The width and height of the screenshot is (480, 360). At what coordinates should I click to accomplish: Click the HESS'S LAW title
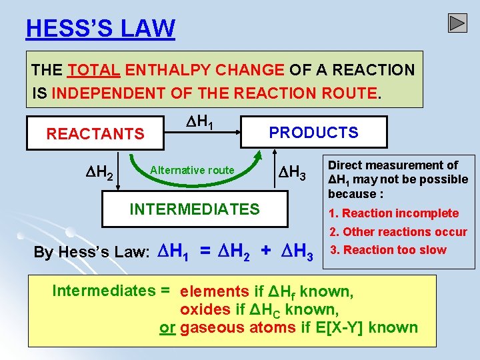click(x=101, y=29)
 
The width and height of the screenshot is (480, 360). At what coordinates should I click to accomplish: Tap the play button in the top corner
click(x=457, y=23)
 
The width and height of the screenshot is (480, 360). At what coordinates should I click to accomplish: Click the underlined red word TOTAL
click(x=93, y=69)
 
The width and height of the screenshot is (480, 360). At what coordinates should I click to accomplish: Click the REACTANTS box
click(x=95, y=134)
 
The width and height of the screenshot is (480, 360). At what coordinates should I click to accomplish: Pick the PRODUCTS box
click(x=313, y=132)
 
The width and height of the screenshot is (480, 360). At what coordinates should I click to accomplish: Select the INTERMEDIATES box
click(x=195, y=209)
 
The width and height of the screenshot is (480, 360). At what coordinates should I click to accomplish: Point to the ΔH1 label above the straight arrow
click(x=199, y=122)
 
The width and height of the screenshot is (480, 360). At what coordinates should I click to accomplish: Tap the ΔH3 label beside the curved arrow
click(x=291, y=174)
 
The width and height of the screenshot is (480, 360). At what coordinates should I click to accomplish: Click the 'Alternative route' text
click(x=192, y=170)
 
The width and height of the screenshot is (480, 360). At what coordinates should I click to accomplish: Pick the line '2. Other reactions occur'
click(x=398, y=232)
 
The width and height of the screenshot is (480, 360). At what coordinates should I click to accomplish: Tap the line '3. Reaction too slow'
click(x=388, y=250)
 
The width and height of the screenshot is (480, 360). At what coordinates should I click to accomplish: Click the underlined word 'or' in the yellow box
click(x=167, y=327)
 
